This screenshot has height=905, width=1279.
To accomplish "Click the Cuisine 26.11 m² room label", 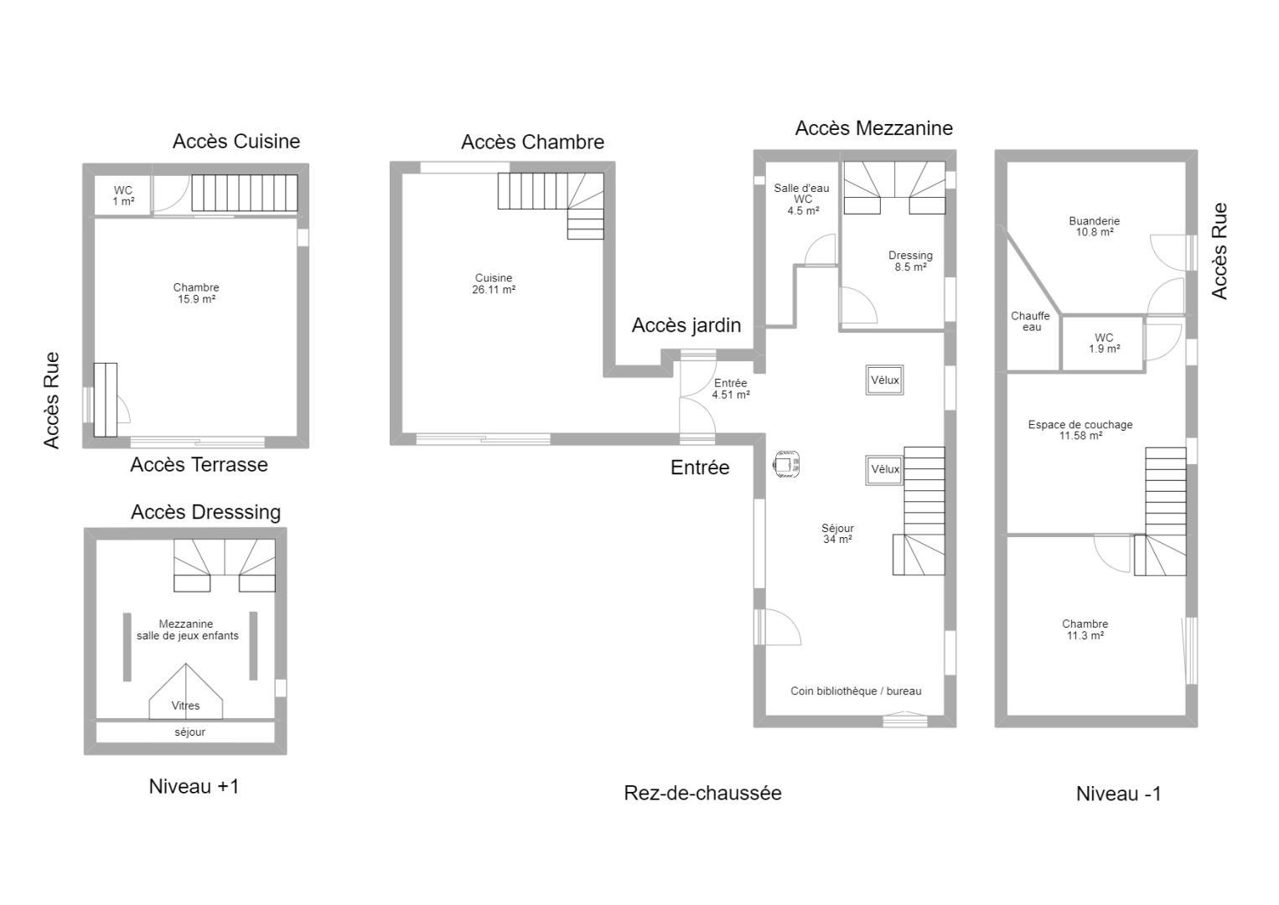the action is pyautogui.click(x=494, y=284).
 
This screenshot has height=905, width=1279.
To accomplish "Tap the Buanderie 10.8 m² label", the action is pyautogui.click(x=1094, y=227).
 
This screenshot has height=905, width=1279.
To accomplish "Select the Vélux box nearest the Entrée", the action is pyautogui.click(x=884, y=380).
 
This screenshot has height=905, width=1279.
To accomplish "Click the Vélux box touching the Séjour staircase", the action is pyautogui.click(x=884, y=469).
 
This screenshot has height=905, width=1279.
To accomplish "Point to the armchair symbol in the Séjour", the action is pyautogui.click(x=785, y=463).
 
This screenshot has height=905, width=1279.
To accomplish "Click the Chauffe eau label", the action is pyautogui.click(x=1031, y=322).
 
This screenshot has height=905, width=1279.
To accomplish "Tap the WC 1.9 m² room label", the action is pyautogui.click(x=1104, y=344).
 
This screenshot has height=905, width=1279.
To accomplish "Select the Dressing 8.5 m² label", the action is pyautogui.click(x=910, y=261).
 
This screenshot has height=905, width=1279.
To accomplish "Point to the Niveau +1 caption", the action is pyautogui.click(x=194, y=786).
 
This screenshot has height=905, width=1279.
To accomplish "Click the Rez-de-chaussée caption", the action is pyautogui.click(x=702, y=793).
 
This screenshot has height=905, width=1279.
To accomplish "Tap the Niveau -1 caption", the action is pyautogui.click(x=1119, y=794).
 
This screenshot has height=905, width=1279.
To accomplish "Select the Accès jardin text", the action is pyautogui.click(x=686, y=325).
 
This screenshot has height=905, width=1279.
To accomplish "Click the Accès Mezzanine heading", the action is pyautogui.click(x=874, y=128).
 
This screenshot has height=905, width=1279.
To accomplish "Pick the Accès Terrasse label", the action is pyautogui.click(x=199, y=465).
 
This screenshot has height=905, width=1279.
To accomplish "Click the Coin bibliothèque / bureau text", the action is pyautogui.click(x=856, y=690).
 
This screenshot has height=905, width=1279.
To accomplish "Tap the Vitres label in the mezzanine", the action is pyautogui.click(x=185, y=706).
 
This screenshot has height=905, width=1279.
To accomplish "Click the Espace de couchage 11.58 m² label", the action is pyautogui.click(x=1080, y=430).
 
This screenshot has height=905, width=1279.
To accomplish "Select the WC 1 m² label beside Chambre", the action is pyautogui.click(x=122, y=196).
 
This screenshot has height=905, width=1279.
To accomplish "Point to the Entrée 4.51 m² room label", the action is pyautogui.click(x=730, y=389).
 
